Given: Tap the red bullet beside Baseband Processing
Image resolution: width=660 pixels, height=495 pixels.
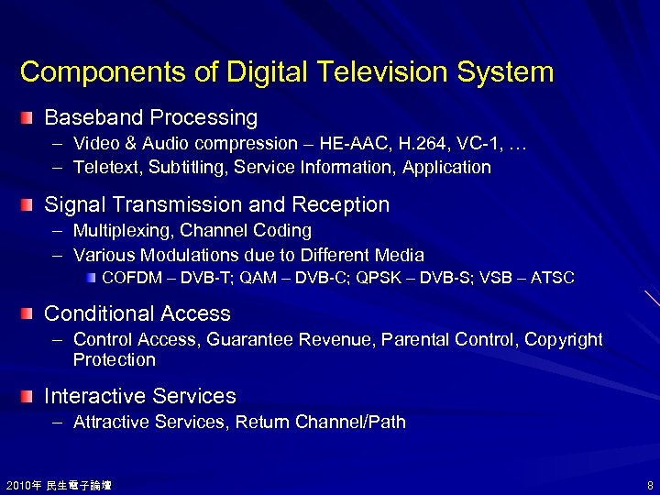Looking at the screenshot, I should coord(30,117).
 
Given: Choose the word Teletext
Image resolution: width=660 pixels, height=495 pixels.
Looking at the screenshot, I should coord(104,167).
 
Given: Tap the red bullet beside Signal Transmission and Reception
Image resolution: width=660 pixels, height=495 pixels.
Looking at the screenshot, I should coord(30,204).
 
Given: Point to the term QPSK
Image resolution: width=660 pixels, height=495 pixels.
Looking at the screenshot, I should coord(395,277).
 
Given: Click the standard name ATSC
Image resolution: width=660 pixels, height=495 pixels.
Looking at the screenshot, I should coord(555,277).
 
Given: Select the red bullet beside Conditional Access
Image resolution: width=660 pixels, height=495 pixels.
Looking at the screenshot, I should coord(30,313).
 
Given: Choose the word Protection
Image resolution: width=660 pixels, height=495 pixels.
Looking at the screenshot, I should coord(115,359).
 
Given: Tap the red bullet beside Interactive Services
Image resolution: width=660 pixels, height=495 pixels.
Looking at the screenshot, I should coord(30,396).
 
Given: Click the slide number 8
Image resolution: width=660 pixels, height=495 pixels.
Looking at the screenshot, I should coord(648,484).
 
